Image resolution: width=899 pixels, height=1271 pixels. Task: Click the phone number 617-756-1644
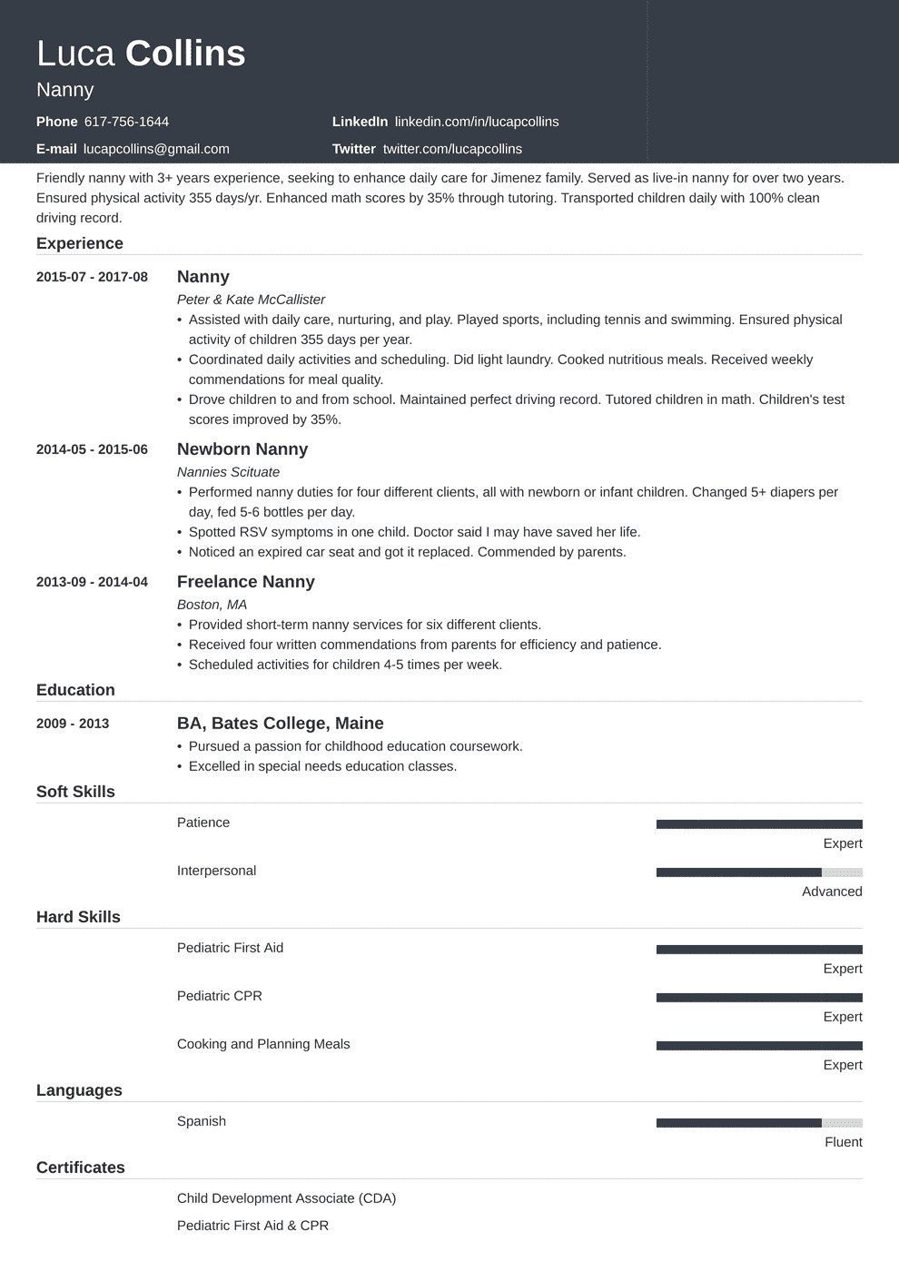(126, 122)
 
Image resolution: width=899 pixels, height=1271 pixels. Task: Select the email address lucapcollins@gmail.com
(156, 149)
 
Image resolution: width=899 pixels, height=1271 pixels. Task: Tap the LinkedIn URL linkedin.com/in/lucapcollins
(477, 122)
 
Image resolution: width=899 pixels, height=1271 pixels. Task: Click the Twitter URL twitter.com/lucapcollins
(452, 149)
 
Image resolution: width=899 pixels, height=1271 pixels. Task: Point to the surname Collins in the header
(185, 54)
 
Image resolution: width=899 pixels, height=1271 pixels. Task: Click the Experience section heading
(80, 243)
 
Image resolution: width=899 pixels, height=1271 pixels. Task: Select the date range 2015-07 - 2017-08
(92, 277)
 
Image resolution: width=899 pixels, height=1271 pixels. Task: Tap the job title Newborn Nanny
(242, 449)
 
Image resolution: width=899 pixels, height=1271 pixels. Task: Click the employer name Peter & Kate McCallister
(251, 300)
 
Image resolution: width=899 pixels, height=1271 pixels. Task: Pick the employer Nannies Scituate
(228, 472)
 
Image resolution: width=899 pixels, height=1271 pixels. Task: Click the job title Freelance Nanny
(245, 582)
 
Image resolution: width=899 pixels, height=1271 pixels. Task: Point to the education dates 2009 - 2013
(73, 724)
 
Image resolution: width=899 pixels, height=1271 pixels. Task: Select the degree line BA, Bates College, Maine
(280, 724)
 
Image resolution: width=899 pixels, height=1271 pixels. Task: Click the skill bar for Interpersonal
(759, 872)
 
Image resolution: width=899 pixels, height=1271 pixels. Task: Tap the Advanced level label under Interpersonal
(832, 892)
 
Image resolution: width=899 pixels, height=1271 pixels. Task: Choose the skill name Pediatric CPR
(220, 996)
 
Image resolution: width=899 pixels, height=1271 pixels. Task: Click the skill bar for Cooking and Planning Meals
(759, 1046)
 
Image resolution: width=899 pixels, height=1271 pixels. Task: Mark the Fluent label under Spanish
(844, 1142)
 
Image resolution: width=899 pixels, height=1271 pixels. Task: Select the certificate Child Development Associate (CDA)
(286, 1198)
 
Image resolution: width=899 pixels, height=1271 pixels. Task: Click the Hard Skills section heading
(78, 917)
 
